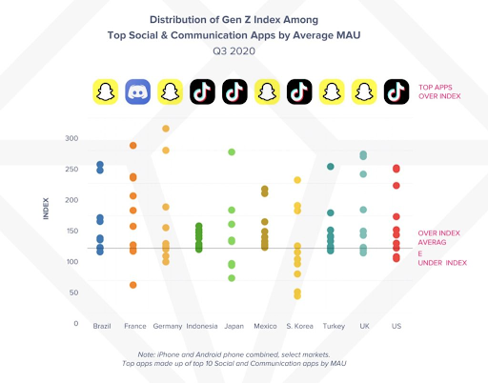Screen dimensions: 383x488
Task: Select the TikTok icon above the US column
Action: coord(396,92)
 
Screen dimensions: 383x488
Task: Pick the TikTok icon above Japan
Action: coord(235,92)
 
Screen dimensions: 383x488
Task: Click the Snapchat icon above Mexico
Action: coord(267,92)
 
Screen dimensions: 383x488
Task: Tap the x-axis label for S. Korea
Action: coord(297,327)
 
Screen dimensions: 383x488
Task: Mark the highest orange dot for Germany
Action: coord(166,129)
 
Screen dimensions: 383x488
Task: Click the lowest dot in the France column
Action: coord(133,285)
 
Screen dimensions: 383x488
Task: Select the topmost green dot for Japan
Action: coord(232,152)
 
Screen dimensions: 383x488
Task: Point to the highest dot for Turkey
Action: coord(331,167)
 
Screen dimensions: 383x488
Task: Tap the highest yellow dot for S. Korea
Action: coord(297,180)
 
